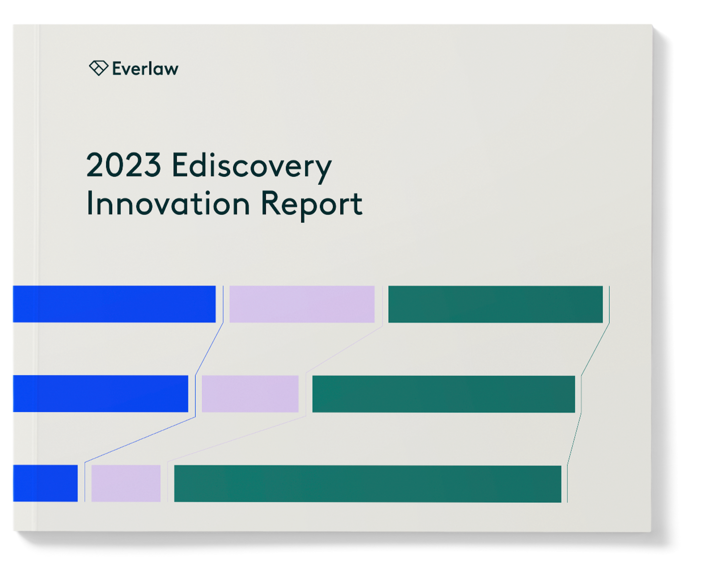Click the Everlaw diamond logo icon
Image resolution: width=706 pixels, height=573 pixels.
tap(98, 68)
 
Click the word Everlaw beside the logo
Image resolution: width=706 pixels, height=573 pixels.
tap(145, 69)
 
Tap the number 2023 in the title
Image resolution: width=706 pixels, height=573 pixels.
tap(124, 165)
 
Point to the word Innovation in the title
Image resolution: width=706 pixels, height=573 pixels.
tap(168, 204)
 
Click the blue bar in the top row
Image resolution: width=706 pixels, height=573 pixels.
tap(114, 304)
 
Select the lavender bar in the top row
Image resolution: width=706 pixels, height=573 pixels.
tap(302, 304)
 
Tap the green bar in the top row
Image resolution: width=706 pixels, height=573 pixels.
tap(495, 304)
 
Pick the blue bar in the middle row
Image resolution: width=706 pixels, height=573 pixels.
tap(100, 393)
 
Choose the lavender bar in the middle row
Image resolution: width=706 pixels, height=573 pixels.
tap(250, 393)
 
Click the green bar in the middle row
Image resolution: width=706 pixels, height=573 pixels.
tap(443, 393)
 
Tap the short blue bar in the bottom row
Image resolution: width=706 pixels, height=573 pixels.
tap(45, 483)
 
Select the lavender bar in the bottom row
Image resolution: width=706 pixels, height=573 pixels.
tap(126, 483)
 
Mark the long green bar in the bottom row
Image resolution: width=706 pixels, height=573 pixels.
tap(367, 483)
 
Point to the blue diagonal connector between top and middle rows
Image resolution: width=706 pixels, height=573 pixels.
tap(209, 349)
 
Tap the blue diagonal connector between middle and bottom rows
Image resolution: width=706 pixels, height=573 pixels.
tap(140, 440)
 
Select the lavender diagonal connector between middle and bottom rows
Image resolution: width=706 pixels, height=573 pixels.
tap(237, 440)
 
